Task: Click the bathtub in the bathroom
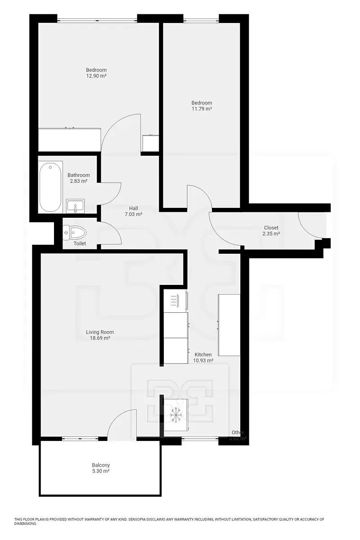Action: (x=50, y=187)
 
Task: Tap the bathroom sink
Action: (x=75, y=206)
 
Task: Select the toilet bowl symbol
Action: (x=74, y=233)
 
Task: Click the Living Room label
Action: (x=100, y=332)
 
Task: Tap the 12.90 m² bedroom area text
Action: (x=96, y=76)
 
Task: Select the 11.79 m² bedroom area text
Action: (x=202, y=109)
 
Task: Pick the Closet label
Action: (x=271, y=228)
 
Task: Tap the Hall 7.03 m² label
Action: (x=134, y=211)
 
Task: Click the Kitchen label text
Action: (x=203, y=355)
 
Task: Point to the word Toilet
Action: (x=80, y=243)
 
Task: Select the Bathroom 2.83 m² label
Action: (x=79, y=178)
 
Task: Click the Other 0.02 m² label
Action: (x=238, y=436)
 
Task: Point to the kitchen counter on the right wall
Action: (x=229, y=325)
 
